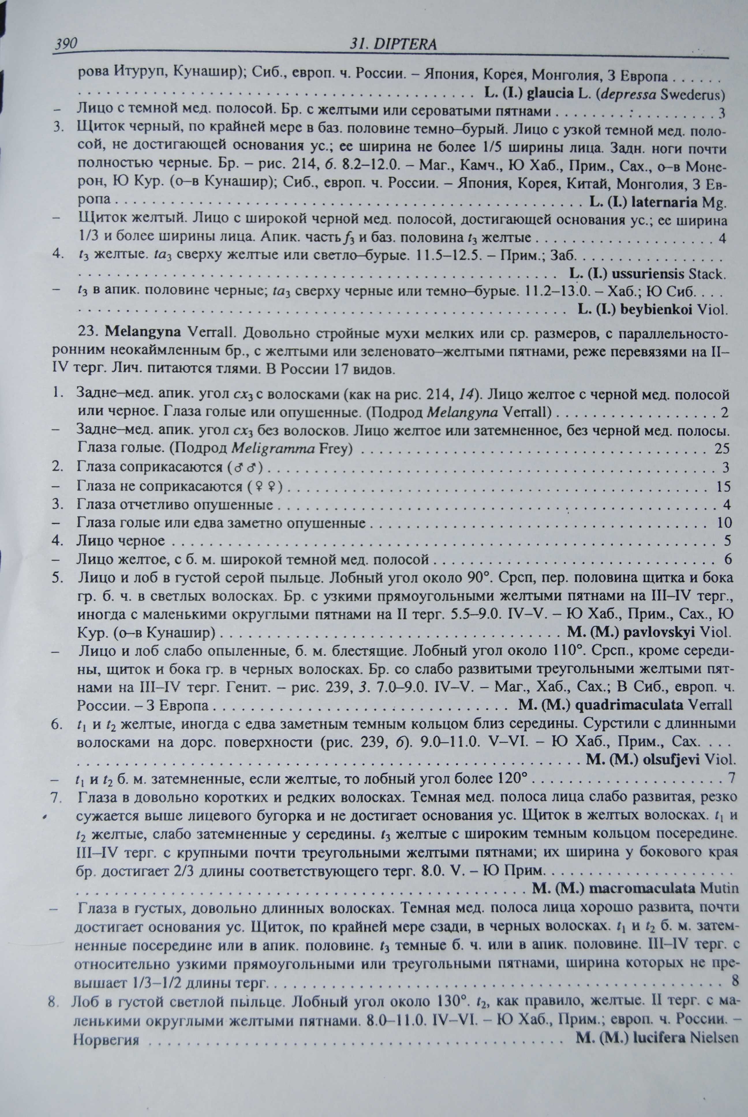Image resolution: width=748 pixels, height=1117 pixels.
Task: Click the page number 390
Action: click(x=66, y=44)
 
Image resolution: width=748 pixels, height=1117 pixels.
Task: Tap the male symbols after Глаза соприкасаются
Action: click(x=247, y=467)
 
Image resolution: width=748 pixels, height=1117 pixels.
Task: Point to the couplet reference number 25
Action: click(x=722, y=449)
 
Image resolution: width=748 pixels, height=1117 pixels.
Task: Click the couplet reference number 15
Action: click(x=723, y=486)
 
